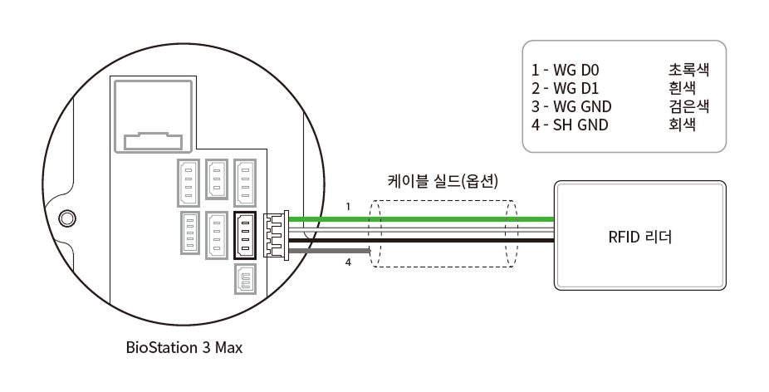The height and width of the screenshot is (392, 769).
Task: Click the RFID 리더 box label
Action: tap(639, 237)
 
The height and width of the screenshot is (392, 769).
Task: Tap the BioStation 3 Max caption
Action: tap(184, 347)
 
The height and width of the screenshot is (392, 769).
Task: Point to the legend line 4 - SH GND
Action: tap(573, 125)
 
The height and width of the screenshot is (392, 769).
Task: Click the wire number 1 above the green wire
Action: tap(349, 205)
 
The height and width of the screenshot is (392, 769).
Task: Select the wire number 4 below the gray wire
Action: tap(349, 263)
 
